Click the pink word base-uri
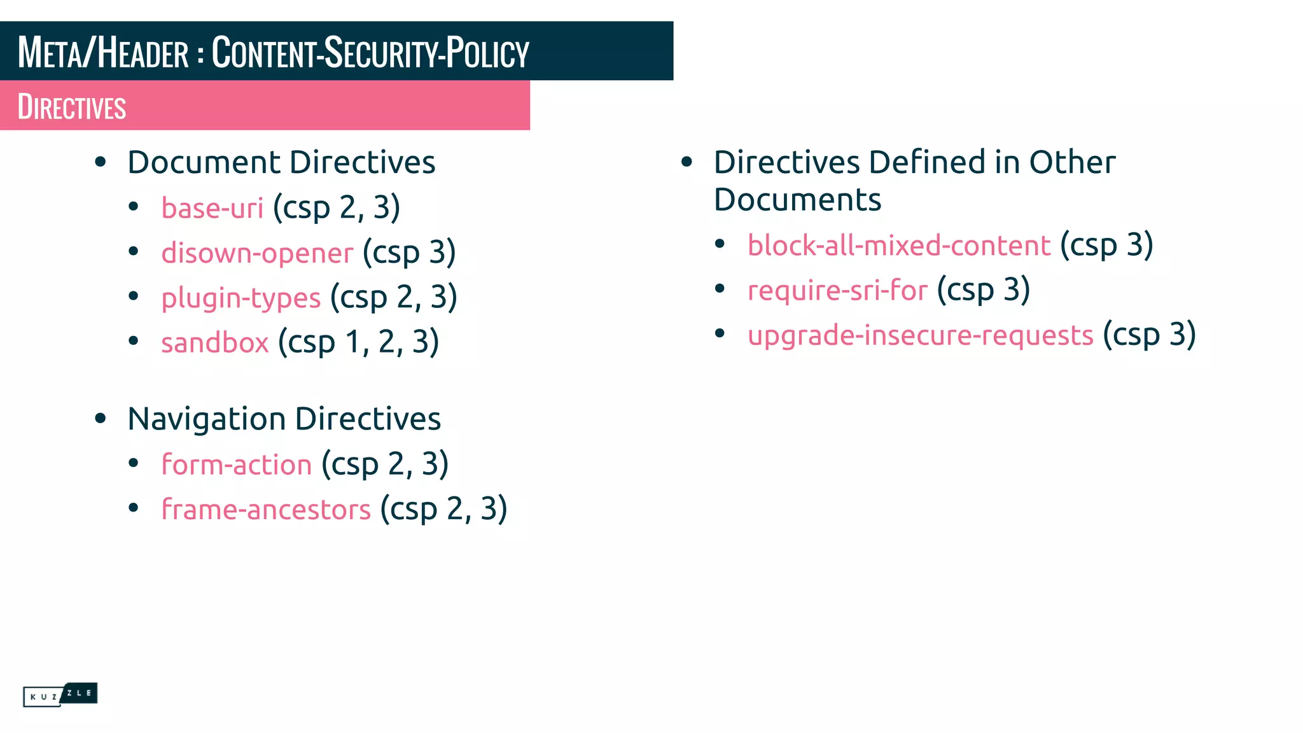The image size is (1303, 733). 212,208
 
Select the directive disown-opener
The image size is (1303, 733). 257,253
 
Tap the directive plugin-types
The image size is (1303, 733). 240,298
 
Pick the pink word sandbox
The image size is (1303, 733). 214,343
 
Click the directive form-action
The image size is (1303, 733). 236,464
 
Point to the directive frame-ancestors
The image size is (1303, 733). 265,510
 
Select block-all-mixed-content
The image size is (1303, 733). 898,246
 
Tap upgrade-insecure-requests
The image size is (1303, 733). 920,335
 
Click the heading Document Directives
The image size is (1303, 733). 281,162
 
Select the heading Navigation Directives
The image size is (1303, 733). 284,419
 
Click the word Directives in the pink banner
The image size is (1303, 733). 72,107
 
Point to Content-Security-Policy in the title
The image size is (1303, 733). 370,52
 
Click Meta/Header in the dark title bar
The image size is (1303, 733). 103,52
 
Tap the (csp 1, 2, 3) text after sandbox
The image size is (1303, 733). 358,342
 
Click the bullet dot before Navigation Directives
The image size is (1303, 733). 100,419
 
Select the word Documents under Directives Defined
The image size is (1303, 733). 797,200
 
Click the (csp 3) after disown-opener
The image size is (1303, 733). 409,253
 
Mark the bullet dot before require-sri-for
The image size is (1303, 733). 720,289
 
